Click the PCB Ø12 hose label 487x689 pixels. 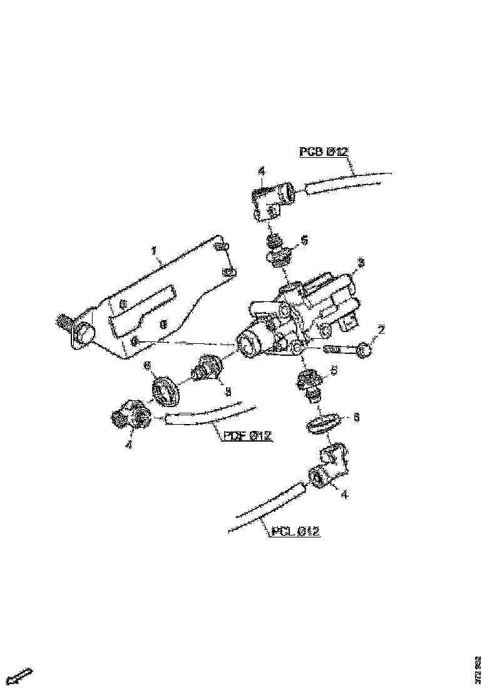coord(324,152)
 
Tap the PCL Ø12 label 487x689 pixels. coord(296,532)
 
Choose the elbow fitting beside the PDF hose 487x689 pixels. coord(130,415)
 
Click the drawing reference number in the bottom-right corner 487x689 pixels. coord(478,668)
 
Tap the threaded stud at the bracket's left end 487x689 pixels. coord(64,323)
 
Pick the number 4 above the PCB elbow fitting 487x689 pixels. coord(261,171)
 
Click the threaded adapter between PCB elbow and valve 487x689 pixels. coord(276,249)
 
